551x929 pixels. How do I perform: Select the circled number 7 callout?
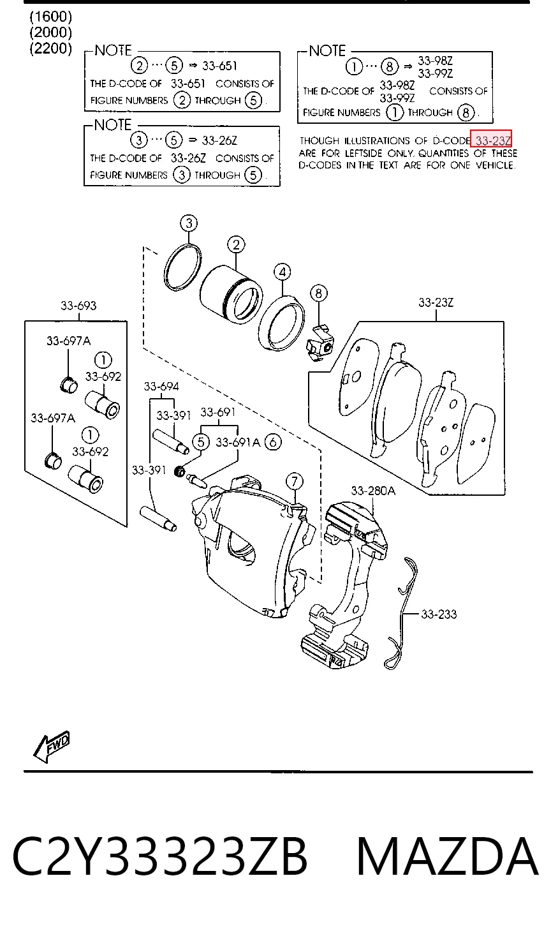click(295, 482)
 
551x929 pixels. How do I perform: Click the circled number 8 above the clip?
click(318, 294)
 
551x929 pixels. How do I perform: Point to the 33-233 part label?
click(439, 614)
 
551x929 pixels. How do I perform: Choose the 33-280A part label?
click(373, 491)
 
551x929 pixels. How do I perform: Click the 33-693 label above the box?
click(78, 306)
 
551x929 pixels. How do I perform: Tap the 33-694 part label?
click(161, 387)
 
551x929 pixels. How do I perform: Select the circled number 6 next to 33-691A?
click(273, 442)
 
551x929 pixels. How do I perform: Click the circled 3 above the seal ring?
click(189, 223)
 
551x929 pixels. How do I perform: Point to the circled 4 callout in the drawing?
click(283, 272)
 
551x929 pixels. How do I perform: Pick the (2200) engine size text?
click(50, 48)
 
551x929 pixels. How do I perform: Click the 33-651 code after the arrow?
click(219, 66)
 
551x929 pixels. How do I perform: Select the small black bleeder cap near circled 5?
click(179, 471)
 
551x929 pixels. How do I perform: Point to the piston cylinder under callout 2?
click(230, 295)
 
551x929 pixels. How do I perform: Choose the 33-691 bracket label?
click(218, 412)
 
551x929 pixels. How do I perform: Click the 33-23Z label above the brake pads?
click(436, 302)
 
